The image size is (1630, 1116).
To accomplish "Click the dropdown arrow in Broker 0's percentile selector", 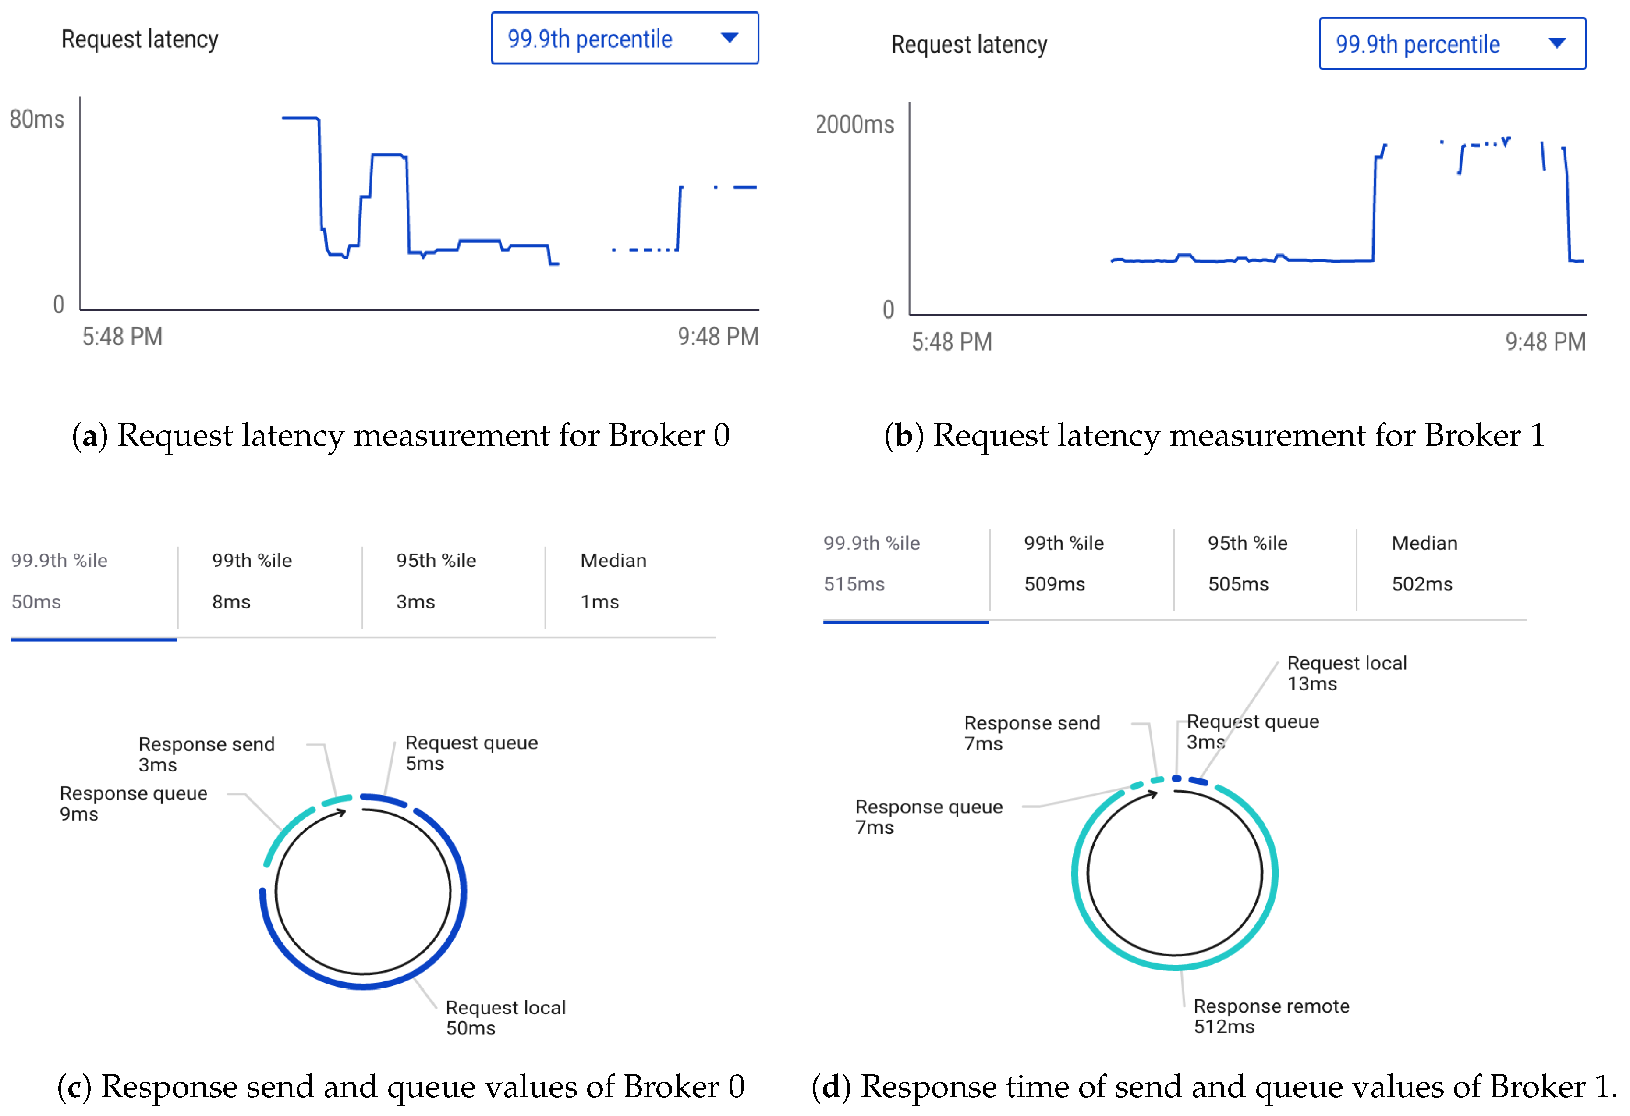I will tap(730, 38).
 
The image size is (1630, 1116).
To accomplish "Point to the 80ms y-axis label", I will tap(36, 119).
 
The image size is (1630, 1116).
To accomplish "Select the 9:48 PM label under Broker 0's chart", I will tap(718, 337).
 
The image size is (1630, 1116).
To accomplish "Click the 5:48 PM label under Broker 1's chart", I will tap(951, 342).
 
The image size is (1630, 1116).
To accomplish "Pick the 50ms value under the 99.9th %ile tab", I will tap(36, 602).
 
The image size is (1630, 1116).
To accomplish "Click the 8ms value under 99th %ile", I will tap(231, 602).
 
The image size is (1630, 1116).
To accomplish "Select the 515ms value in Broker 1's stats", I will tap(854, 584).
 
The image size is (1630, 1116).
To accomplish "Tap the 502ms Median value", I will tap(1422, 584).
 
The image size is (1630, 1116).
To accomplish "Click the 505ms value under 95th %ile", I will tap(1238, 584).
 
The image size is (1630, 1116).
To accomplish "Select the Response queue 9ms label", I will tap(133, 803).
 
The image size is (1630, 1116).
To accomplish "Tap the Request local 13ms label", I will tap(1346, 673).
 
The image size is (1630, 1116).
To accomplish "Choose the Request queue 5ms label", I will tap(471, 753).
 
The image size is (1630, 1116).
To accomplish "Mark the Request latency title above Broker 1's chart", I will tap(969, 44).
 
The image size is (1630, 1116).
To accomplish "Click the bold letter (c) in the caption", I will tap(74, 1087).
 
